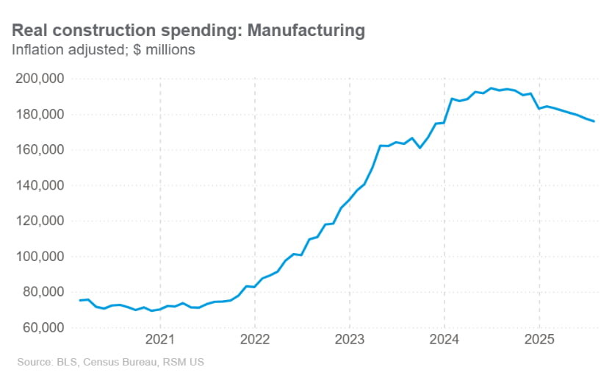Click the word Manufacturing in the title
pos(306,30)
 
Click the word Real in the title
pos(30,30)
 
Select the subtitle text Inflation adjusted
pos(60,50)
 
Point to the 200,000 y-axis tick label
pos(40,79)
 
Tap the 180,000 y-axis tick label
pos(40,114)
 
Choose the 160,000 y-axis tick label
pos(40,149)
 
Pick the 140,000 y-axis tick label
pos(40,185)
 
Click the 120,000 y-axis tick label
pos(40,221)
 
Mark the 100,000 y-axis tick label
pos(40,256)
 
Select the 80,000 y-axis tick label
pos(43,292)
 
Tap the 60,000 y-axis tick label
pos(43,327)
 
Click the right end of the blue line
pos(594,121)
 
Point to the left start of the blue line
pos(79,300)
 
